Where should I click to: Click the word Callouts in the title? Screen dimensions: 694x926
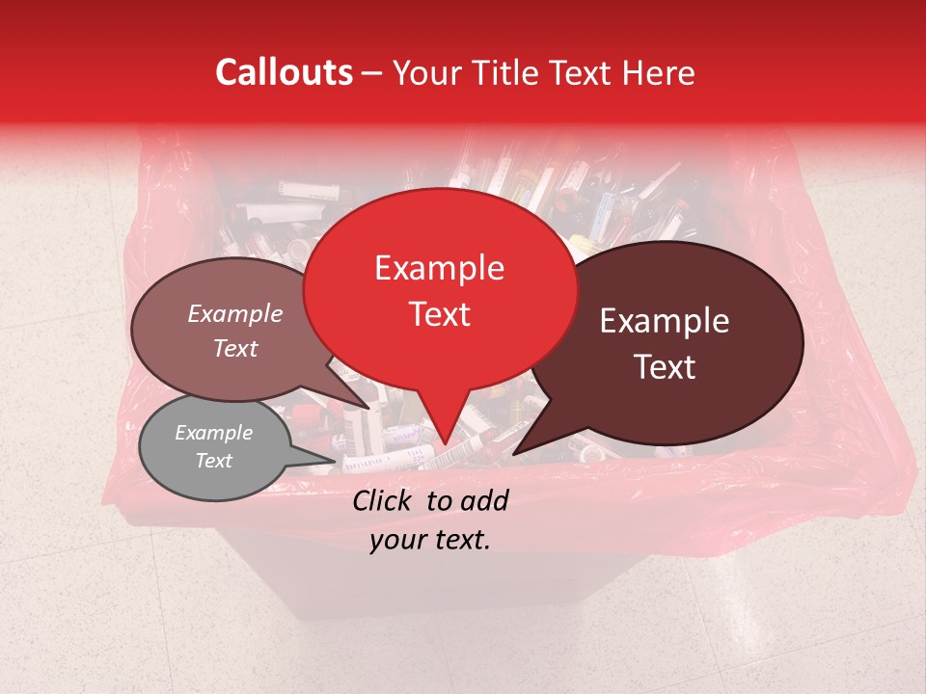284,72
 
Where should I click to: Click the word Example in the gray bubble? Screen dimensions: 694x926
213,433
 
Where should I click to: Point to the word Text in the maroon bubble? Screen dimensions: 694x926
666,367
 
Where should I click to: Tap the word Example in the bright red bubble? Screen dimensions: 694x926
439,268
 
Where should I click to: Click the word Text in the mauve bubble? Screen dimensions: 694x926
235,348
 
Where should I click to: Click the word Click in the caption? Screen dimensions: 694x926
385,500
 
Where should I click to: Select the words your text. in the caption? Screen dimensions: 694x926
430,541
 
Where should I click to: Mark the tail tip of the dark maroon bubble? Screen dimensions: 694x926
513,454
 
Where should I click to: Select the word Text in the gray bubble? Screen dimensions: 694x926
213,461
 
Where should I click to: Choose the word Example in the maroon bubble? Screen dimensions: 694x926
665,321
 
